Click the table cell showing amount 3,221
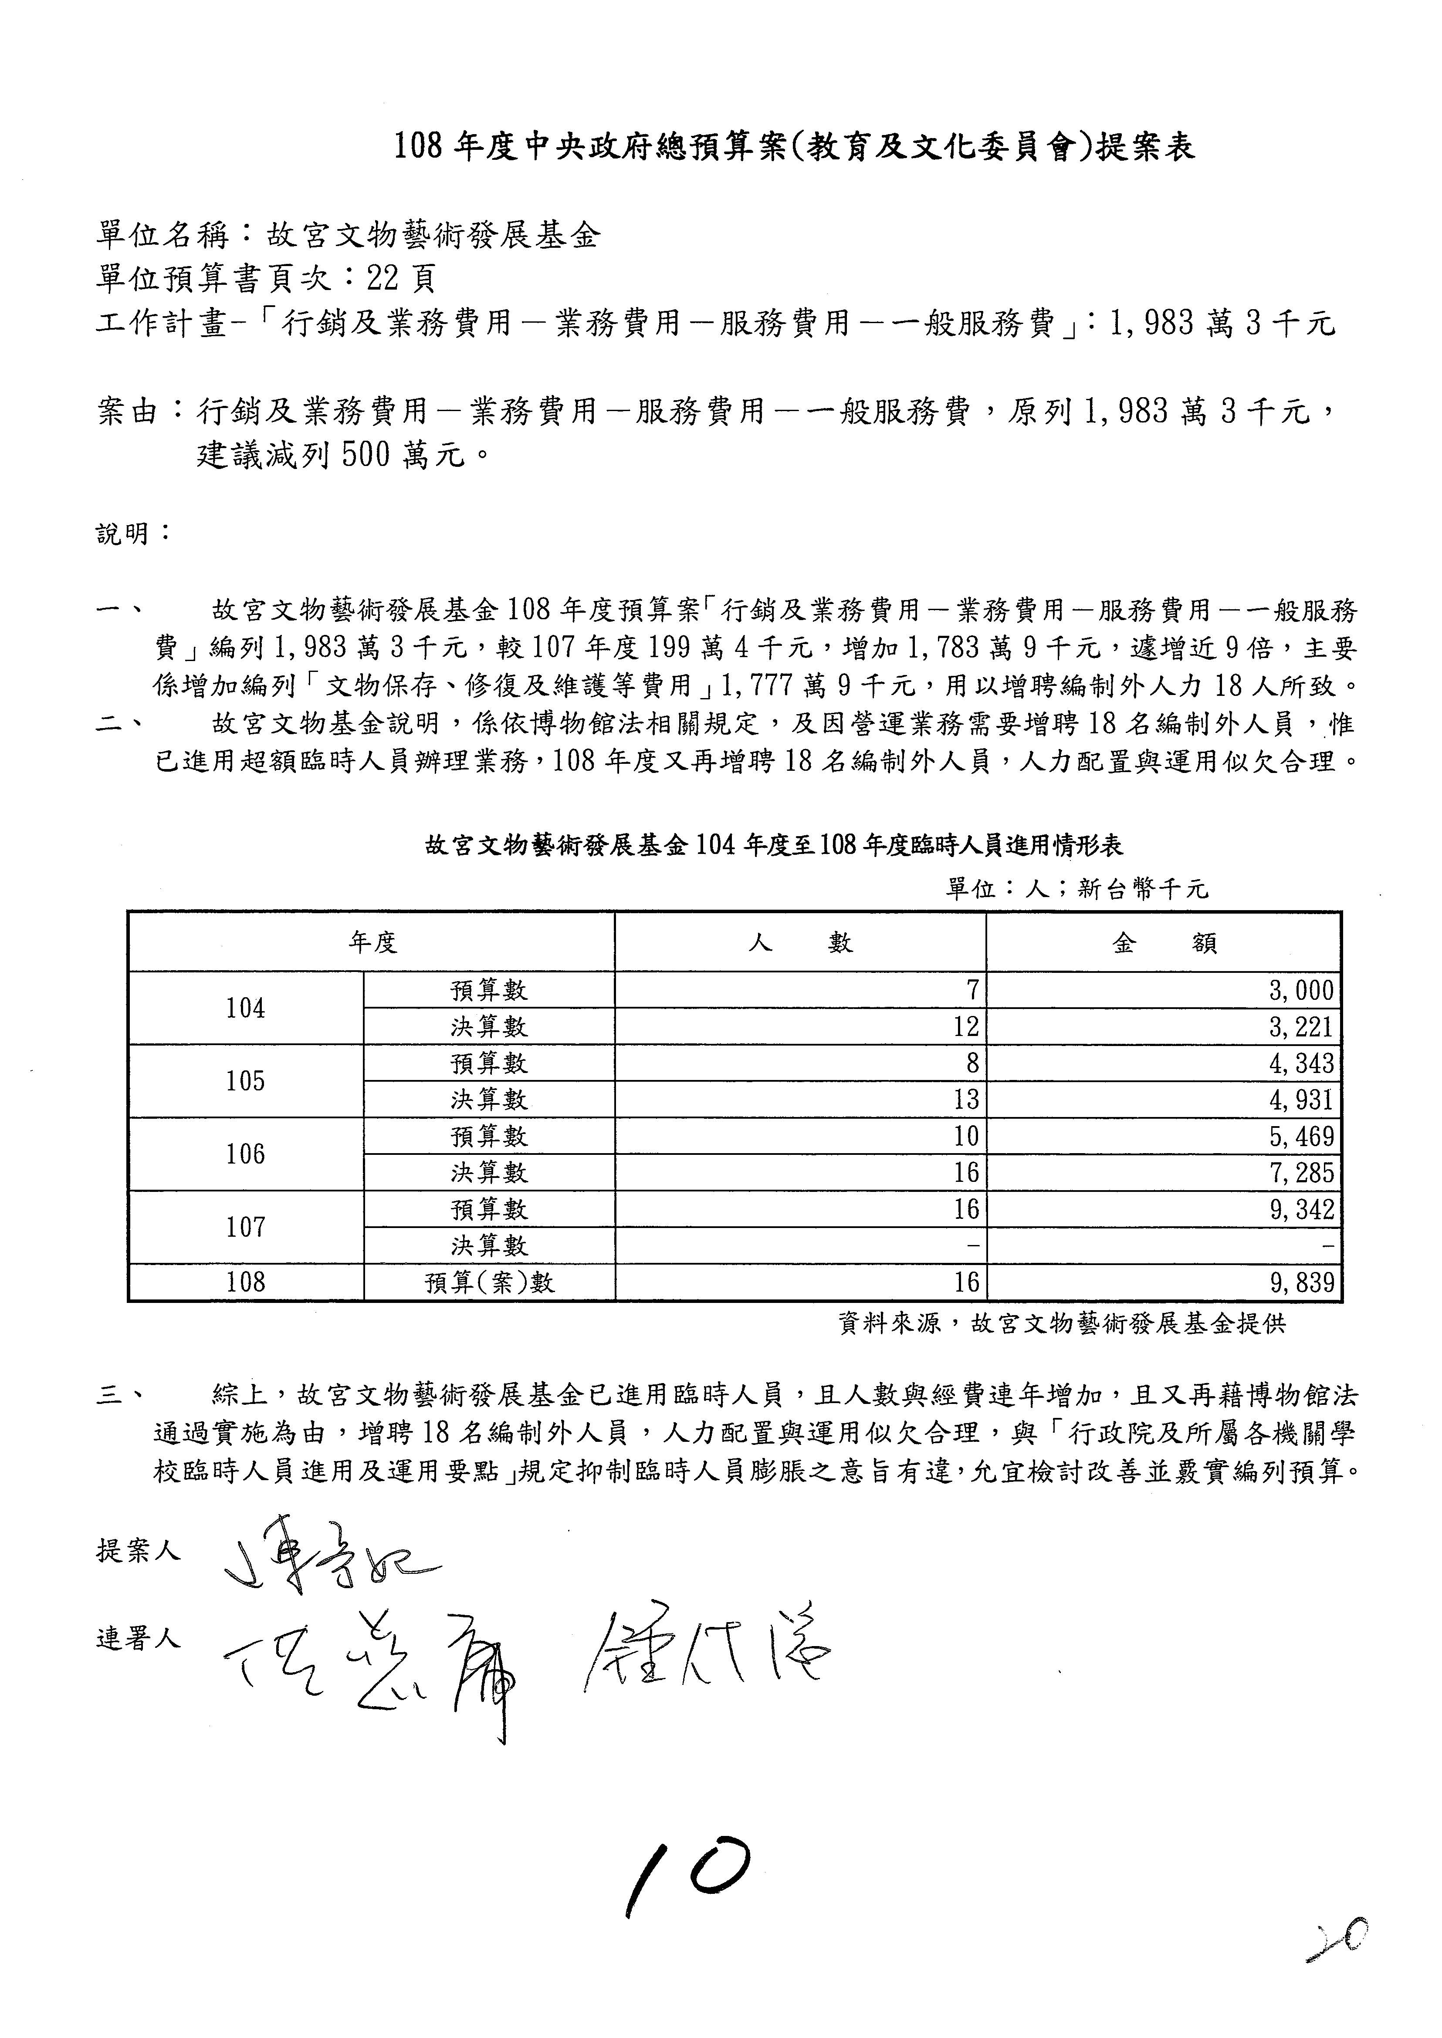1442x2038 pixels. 1301,1027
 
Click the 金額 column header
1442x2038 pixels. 1163,943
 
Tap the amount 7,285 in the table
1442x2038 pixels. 1301,1173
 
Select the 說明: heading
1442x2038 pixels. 133,533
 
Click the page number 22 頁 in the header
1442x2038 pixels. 399,280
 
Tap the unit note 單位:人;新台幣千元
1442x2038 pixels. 1076,888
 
